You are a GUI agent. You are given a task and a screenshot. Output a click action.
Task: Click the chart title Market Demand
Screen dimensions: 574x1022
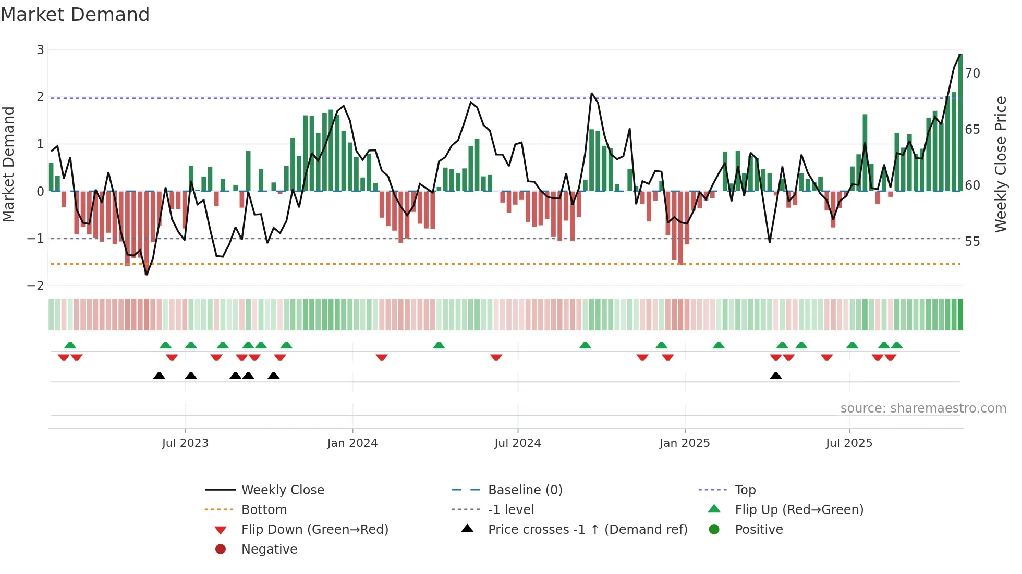pyautogui.click(x=75, y=15)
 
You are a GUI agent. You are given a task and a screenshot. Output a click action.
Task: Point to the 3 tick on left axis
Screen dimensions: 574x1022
pyautogui.click(x=40, y=49)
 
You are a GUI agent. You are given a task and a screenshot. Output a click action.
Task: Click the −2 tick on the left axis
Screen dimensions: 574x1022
pyautogui.click(x=36, y=285)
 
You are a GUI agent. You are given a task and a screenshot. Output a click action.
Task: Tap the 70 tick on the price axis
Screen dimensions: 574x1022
pyautogui.click(x=972, y=73)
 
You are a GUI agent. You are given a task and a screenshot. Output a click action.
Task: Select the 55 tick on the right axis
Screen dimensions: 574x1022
pyautogui.click(x=972, y=242)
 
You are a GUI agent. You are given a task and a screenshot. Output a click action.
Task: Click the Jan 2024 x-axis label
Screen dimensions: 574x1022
pyautogui.click(x=352, y=443)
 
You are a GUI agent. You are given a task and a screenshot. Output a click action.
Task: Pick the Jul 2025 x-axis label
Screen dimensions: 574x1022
pyautogui.click(x=849, y=443)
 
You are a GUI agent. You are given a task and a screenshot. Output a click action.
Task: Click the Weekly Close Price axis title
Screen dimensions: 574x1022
pyautogui.click(x=1000, y=164)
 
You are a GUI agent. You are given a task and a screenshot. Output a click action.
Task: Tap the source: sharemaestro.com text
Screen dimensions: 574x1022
pyautogui.click(x=923, y=408)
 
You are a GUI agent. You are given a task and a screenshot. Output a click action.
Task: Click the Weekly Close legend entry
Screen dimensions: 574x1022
pyautogui.click(x=282, y=490)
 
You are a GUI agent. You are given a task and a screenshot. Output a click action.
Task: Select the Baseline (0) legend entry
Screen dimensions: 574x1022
pyautogui.click(x=525, y=490)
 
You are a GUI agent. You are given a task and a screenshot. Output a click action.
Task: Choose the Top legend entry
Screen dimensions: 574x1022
pyautogui.click(x=745, y=490)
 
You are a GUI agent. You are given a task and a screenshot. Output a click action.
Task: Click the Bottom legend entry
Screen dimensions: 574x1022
pyautogui.click(x=264, y=510)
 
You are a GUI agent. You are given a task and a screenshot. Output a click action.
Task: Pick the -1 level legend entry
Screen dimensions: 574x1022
pyautogui.click(x=510, y=510)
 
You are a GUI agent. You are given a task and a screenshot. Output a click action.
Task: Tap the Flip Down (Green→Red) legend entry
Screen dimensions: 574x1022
pyautogui.click(x=314, y=530)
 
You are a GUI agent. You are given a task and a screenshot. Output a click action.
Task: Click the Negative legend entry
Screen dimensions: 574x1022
pyautogui.click(x=269, y=550)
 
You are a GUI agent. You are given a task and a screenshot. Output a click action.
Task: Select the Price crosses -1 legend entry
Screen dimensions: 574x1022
pyautogui.click(x=587, y=530)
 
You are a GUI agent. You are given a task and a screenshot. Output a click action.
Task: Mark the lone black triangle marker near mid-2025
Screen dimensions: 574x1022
pyautogui.click(x=776, y=376)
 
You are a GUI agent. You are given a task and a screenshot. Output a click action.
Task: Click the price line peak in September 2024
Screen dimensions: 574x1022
pyautogui.click(x=592, y=94)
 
